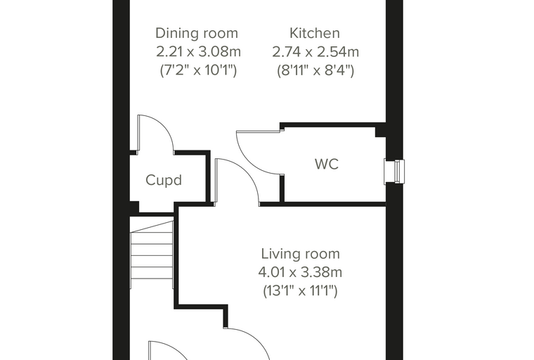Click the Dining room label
coord(197,34)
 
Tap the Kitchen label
coord(315,33)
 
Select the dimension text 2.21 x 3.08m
coord(199,52)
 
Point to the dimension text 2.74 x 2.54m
coord(315,52)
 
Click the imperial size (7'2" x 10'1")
coord(198,70)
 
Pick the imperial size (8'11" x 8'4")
coord(315,70)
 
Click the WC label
coord(327,164)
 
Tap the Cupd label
coord(164,180)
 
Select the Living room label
coord(301,254)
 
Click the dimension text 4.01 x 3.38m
coord(300,272)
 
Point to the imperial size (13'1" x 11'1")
coord(300,291)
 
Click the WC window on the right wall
coord(395,171)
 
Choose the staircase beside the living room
coord(152,255)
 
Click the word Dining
coord(175,34)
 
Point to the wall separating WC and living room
coord(323,204)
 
